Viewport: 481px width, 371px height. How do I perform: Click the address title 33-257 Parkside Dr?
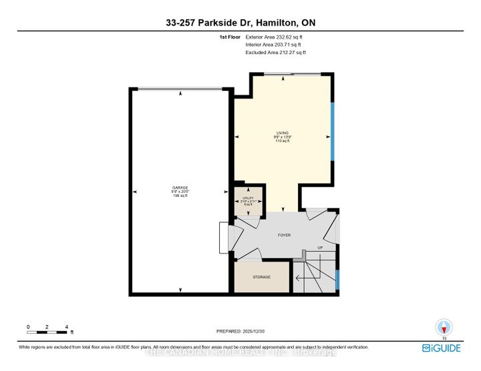click(240, 23)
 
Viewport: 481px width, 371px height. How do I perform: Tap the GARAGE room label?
click(179, 188)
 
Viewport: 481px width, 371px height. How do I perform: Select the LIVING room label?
click(281, 133)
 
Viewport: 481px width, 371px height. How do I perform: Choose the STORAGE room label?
click(261, 277)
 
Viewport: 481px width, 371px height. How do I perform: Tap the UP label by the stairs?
click(321, 248)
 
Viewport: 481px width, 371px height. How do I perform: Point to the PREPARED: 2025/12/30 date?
click(240, 332)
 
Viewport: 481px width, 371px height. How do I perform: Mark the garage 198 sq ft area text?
click(179, 196)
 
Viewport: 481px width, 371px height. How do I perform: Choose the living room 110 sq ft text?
click(281, 141)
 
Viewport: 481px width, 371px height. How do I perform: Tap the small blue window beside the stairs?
click(337, 279)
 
